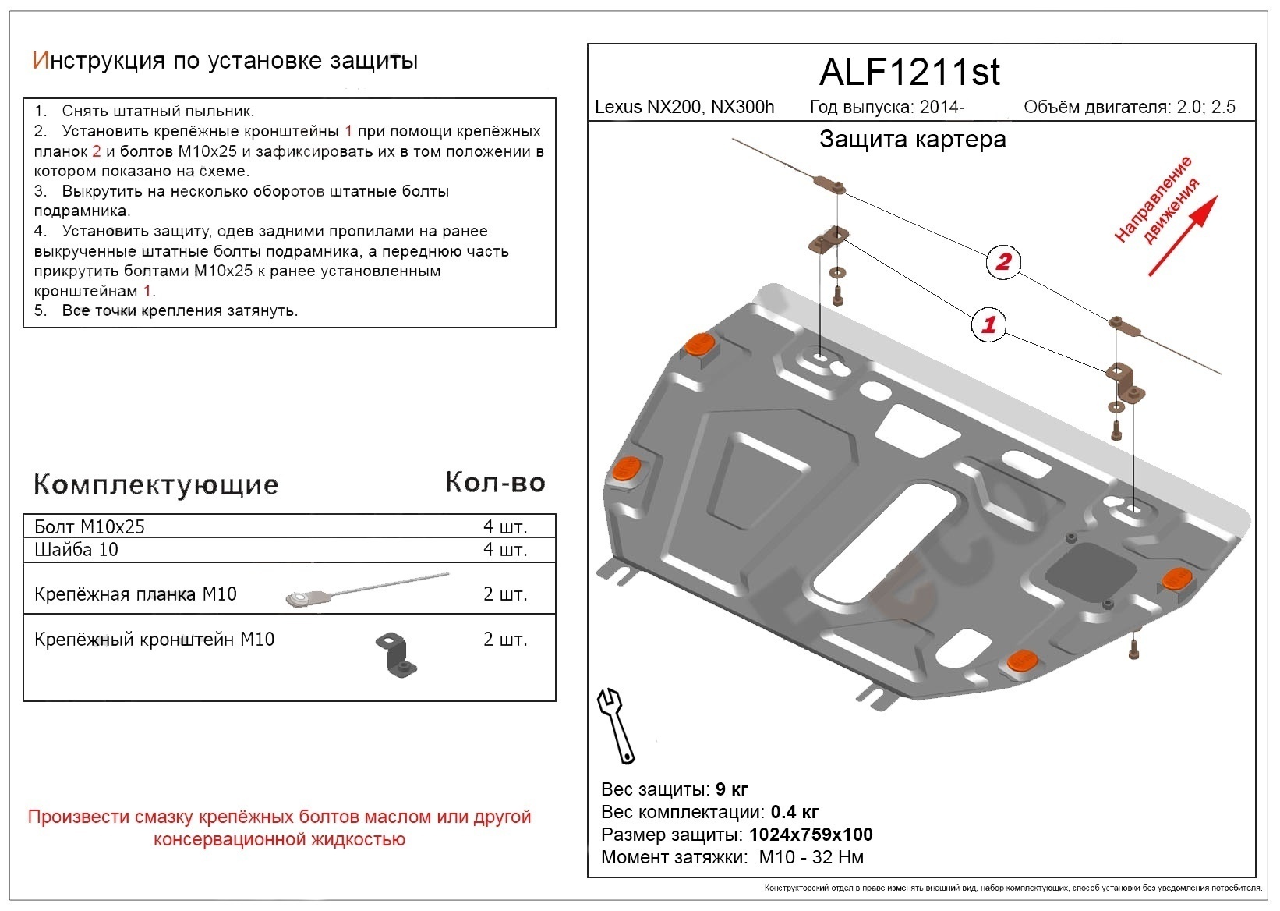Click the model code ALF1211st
909,73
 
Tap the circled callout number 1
988,324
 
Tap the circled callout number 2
1002,261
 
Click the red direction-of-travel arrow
1182,236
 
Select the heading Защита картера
912,140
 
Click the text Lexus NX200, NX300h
684,107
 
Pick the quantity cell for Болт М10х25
504,526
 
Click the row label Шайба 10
76,550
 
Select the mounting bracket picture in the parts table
398,654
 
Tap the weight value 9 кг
732,789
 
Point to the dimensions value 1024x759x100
811,835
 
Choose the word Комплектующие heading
156,484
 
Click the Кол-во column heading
495,483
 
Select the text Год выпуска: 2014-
887,107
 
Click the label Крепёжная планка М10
136,594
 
